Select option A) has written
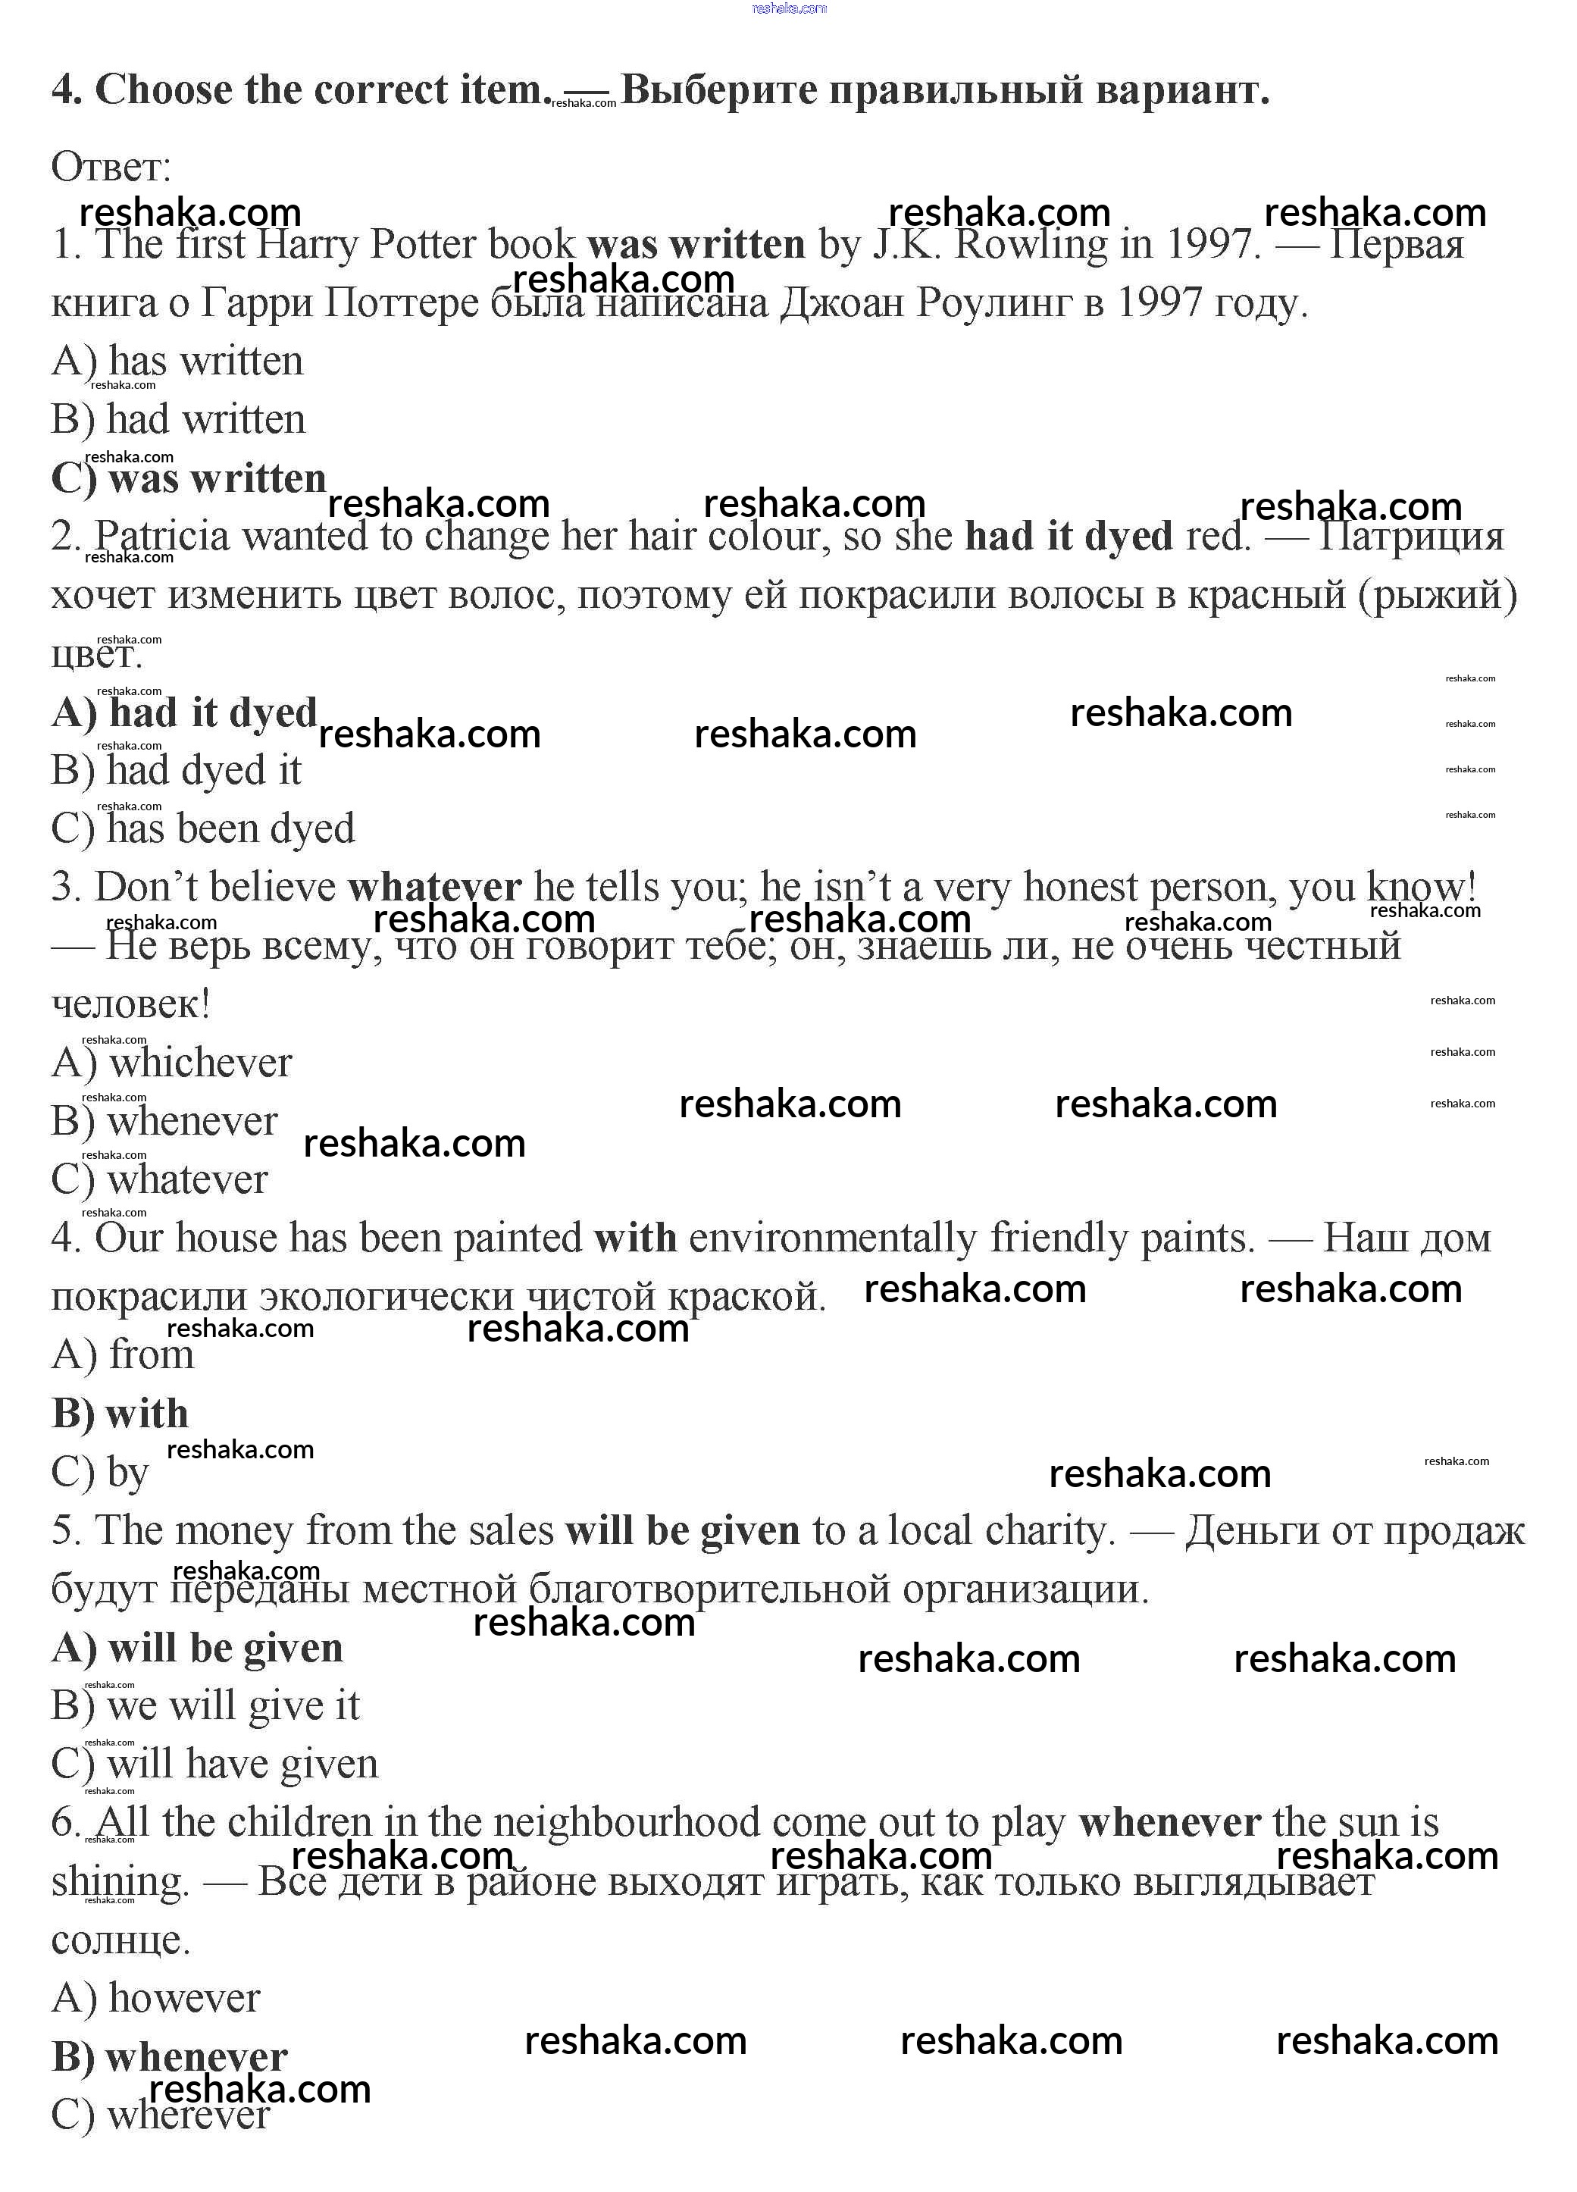click(177, 362)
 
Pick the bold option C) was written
click(189, 478)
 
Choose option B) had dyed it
click(176, 770)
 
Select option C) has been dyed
click(203, 828)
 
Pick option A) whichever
click(171, 1062)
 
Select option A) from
click(123, 1354)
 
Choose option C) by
click(99, 1472)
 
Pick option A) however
click(155, 1998)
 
